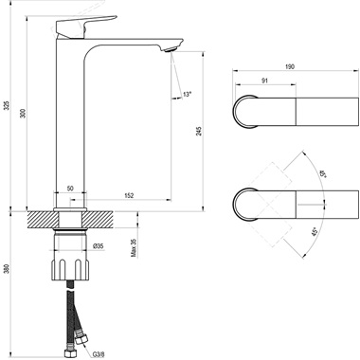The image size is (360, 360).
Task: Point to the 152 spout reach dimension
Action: click(x=127, y=196)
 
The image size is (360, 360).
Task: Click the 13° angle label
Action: click(x=186, y=95)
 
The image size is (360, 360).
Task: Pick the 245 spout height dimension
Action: click(x=199, y=133)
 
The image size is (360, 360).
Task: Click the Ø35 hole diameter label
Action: click(x=98, y=246)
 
